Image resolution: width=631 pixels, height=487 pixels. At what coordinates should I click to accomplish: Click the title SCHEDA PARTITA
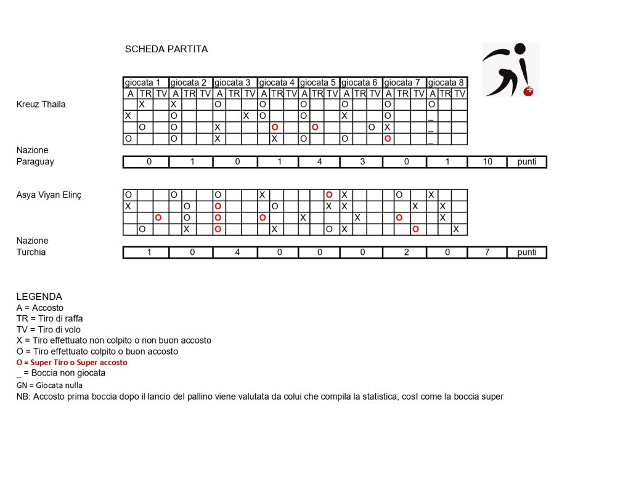pyautogui.click(x=166, y=49)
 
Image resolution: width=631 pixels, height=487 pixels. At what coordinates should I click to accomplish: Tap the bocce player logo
pyautogui.click(x=510, y=70)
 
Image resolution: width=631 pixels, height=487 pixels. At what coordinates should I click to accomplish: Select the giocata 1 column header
pyautogui.click(x=146, y=83)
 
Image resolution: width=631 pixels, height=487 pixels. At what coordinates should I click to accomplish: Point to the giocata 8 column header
pyautogui.click(x=446, y=83)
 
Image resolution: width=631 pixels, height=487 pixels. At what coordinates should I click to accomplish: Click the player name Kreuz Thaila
pyautogui.click(x=41, y=104)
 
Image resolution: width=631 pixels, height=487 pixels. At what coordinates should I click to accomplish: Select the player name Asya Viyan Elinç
pyautogui.click(x=49, y=195)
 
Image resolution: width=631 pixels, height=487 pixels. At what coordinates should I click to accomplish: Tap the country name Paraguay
pyautogui.click(x=35, y=162)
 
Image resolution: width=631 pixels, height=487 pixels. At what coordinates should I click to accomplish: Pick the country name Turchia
pyautogui.click(x=31, y=252)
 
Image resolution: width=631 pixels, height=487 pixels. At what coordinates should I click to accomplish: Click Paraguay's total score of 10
pyautogui.click(x=487, y=162)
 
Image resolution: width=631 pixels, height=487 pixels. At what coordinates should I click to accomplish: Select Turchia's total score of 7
pyautogui.click(x=487, y=252)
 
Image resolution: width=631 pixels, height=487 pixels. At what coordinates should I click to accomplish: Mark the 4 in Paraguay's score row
pyautogui.click(x=319, y=162)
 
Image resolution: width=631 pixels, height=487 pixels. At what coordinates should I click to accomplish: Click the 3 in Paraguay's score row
pyautogui.click(x=360, y=162)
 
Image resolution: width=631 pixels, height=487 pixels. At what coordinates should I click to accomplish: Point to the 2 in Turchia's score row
pyautogui.click(x=405, y=252)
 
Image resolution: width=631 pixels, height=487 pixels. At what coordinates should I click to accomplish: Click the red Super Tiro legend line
pyautogui.click(x=72, y=363)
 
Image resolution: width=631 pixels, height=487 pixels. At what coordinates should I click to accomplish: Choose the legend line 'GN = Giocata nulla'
pyautogui.click(x=49, y=385)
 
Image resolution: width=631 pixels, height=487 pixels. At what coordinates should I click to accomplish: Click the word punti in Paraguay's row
pyautogui.click(x=527, y=162)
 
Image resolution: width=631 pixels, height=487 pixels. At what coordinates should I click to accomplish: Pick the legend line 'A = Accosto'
pyautogui.click(x=39, y=308)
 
